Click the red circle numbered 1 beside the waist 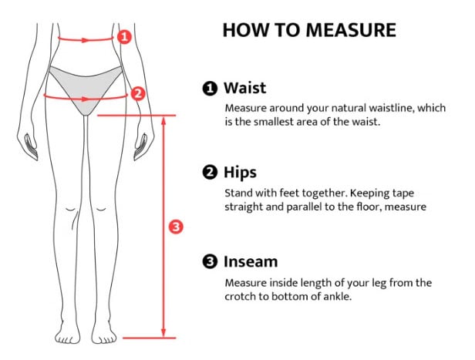click(x=124, y=37)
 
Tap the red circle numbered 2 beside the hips click(x=137, y=93)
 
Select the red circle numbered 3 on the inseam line click(x=176, y=227)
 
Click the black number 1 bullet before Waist click(x=210, y=89)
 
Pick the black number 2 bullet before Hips click(x=210, y=173)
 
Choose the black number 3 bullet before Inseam click(x=210, y=262)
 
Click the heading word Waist click(x=244, y=88)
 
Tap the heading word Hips click(x=240, y=173)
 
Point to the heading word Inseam click(x=251, y=261)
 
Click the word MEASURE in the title click(x=351, y=30)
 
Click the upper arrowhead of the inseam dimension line click(x=163, y=120)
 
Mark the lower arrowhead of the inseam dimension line click(x=163, y=332)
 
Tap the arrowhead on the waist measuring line click(x=86, y=40)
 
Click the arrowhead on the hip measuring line click(x=86, y=99)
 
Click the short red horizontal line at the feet click(x=150, y=338)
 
